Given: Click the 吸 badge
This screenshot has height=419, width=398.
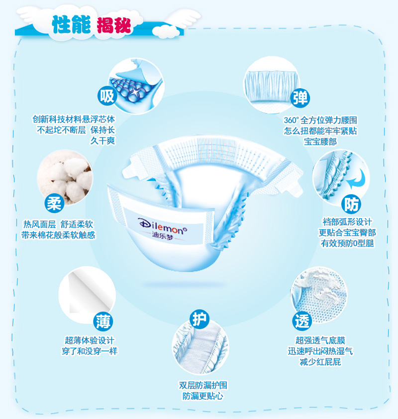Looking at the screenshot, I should tap(107, 96).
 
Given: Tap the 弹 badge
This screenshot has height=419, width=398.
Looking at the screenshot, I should tap(300, 98).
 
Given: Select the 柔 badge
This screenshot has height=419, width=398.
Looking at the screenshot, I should tap(53, 203).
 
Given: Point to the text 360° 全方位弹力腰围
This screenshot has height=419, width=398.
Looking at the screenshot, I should tap(320, 120).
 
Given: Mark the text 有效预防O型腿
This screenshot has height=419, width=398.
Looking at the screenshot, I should tap(347, 243).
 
